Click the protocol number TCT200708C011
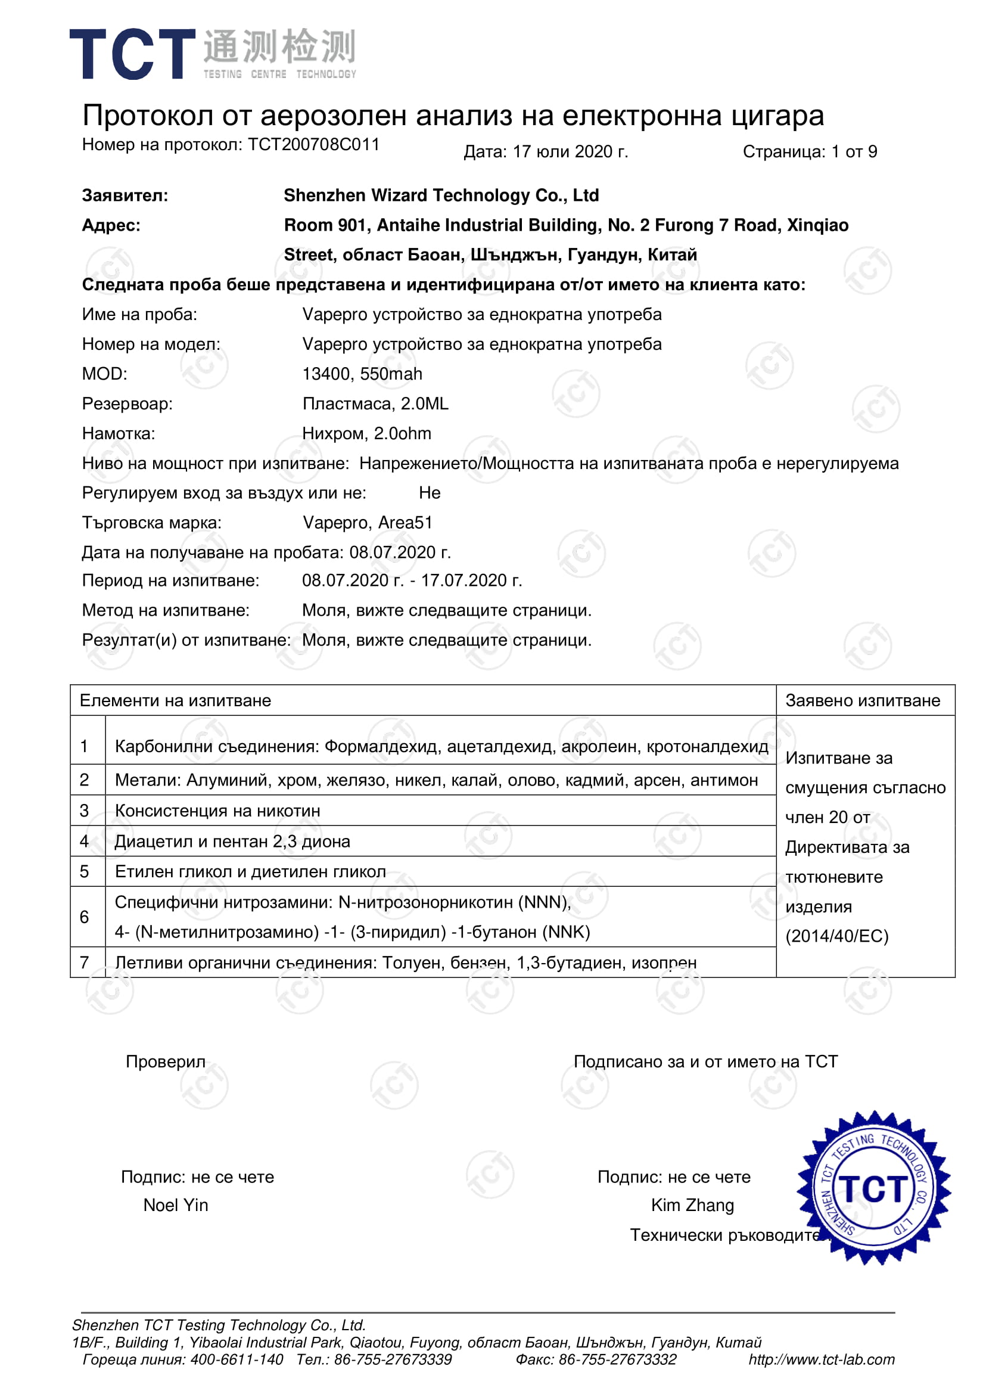pyautogui.click(x=313, y=145)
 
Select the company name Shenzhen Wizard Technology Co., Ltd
pyautogui.click(x=441, y=195)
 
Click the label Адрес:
pyautogui.click(x=111, y=225)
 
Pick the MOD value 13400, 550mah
pyautogui.click(x=362, y=374)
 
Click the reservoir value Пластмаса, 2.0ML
pyautogui.click(x=375, y=403)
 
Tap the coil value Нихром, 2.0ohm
pyautogui.click(x=367, y=433)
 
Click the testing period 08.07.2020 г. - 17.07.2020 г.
pyautogui.click(x=412, y=580)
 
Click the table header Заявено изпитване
pyautogui.click(x=862, y=700)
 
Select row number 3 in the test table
pyautogui.click(x=85, y=811)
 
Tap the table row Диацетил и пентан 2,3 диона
pyautogui.click(x=232, y=842)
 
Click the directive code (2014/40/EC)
pyautogui.click(x=836, y=936)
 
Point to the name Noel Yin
pyautogui.click(x=176, y=1205)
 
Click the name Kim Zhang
pyautogui.click(x=692, y=1205)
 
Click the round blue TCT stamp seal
pyautogui.click(x=873, y=1189)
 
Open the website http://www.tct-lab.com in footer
pyautogui.click(x=821, y=1359)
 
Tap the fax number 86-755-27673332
pyautogui.click(x=617, y=1359)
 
